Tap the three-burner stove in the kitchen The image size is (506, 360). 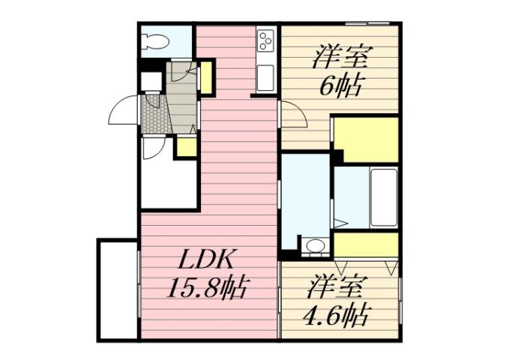[265, 41]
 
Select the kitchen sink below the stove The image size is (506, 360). [265, 76]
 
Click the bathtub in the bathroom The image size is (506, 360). [383, 197]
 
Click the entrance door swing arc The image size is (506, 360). [124, 112]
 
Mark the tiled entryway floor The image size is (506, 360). [153, 113]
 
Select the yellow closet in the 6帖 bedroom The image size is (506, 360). [365, 138]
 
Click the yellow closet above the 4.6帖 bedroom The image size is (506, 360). [366, 244]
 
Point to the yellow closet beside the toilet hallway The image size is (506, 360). [207, 77]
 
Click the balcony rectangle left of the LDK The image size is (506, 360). [118, 289]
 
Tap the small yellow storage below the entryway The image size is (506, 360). [185, 146]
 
